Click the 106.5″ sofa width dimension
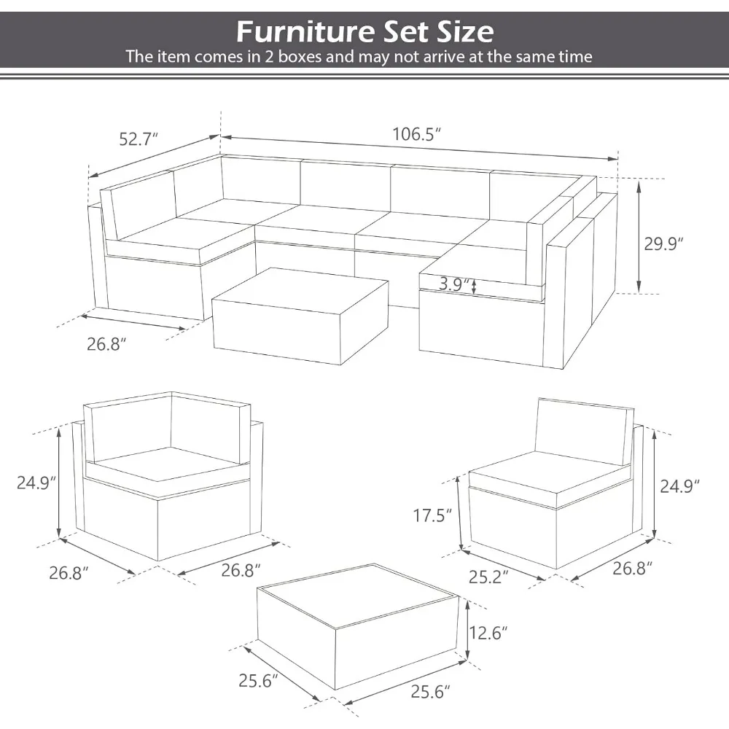pyautogui.click(x=417, y=134)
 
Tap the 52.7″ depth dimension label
pyautogui.click(x=139, y=138)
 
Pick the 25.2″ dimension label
pyautogui.click(x=488, y=577)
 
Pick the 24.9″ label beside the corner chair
pyautogui.click(x=36, y=483)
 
